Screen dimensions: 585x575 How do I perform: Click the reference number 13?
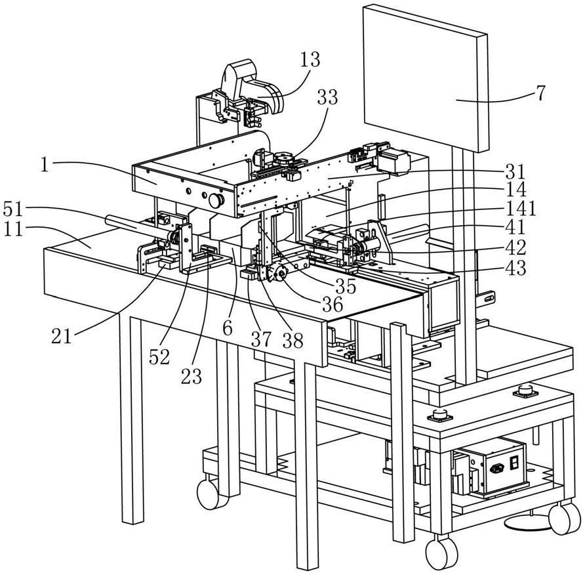tap(310, 60)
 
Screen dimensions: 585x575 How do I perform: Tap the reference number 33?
tap(327, 97)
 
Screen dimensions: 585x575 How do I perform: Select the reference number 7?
tap(540, 93)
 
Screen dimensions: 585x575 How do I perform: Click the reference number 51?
tap(14, 209)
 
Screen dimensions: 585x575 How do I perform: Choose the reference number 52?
tap(159, 357)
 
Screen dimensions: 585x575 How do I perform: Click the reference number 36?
tap(332, 305)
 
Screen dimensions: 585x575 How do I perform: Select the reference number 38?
tap(292, 340)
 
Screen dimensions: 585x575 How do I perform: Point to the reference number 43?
tap(515, 267)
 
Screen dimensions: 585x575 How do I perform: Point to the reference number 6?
tap(228, 328)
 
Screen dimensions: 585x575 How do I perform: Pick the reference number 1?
tap(45, 165)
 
